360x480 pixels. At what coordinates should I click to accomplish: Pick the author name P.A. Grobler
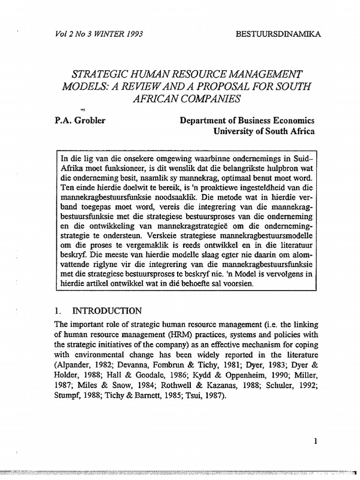(x=80, y=120)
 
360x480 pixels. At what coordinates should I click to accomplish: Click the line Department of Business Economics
(x=247, y=120)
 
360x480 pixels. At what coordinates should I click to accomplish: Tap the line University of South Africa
(x=264, y=132)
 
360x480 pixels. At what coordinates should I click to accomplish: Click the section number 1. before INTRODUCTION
(x=58, y=310)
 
